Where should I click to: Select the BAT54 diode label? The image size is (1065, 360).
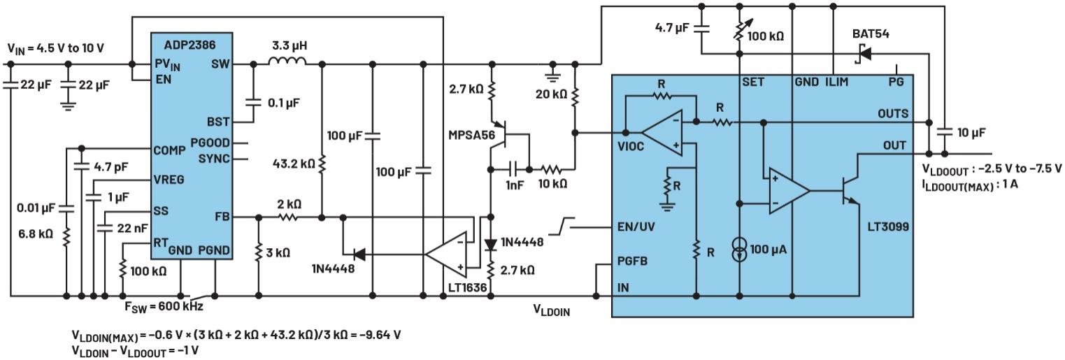tap(871, 34)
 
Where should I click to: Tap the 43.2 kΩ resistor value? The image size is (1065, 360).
tap(295, 165)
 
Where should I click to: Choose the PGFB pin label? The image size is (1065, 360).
tap(634, 261)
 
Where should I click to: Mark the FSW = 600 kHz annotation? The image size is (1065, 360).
tap(164, 305)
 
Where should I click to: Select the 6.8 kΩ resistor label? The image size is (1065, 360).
tap(36, 234)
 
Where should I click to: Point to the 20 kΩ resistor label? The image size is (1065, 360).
tap(551, 94)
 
